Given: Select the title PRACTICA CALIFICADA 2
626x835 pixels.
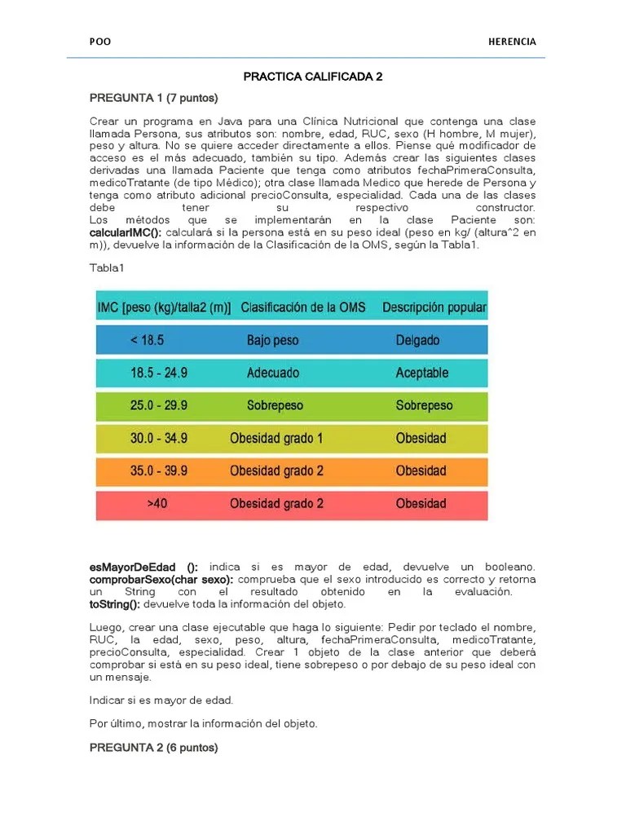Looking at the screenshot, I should click(313, 77).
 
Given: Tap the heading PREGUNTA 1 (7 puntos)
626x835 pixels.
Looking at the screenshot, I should click(153, 98).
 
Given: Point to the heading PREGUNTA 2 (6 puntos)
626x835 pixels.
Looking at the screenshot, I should click(153, 748).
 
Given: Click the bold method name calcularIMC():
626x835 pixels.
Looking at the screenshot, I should click(125, 232).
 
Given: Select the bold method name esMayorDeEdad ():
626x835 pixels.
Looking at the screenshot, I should click(143, 567).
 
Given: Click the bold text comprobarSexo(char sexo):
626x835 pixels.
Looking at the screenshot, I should click(161, 579).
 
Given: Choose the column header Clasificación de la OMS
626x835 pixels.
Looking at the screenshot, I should click(303, 308).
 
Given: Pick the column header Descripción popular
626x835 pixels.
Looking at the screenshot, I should click(434, 308).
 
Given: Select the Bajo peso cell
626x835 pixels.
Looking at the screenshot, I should click(275, 340).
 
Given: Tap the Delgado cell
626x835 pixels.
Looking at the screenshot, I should click(417, 340).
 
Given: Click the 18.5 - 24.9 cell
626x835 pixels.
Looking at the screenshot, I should click(158, 373).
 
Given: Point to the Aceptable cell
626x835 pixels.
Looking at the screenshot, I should click(421, 373).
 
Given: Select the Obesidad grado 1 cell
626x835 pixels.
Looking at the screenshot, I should click(276, 438).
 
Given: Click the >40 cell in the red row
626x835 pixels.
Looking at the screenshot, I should click(157, 503).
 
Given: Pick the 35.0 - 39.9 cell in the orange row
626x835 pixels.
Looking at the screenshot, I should click(158, 471).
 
